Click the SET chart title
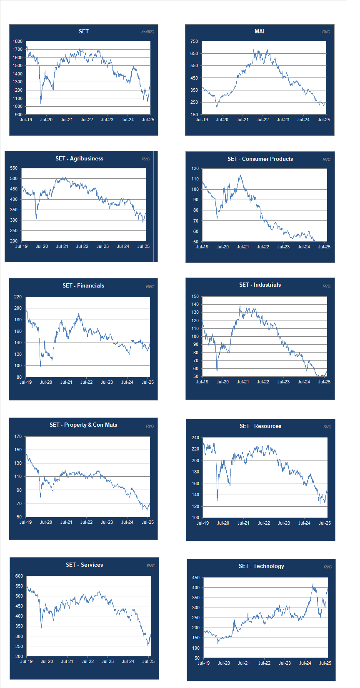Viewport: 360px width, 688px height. pyautogui.click(x=83, y=31)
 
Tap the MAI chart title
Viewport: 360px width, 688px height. pyautogui.click(x=259, y=31)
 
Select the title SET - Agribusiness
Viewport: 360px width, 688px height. pyautogui.click(x=79, y=158)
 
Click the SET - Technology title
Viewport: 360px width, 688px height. pyautogui.click(x=261, y=566)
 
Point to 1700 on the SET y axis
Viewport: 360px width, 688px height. pyautogui.click(x=17, y=50)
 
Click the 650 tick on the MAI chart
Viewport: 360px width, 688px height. pyautogui.click(x=194, y=53)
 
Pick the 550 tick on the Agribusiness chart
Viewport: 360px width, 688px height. pyautogui.click(x=14, y=168)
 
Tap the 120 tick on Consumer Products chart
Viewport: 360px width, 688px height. pyautogui.click(x=195, y=169)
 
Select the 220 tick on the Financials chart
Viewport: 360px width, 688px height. pyautogui.click(x=17, y=297)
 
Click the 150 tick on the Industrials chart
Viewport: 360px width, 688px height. pyautogui.click(x=195, y=297)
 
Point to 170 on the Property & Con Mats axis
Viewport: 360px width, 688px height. pyautogui.click(x=17, y=437)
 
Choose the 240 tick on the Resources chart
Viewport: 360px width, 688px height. pyautogui.click(x=195, y=438)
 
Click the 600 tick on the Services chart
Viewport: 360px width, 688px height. pyautogui.click(x=19, y=576)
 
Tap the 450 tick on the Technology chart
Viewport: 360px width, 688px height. pyautogui.click(x=195, y=578)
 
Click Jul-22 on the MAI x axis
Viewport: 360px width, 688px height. pyautogui.click(x=262, y=120)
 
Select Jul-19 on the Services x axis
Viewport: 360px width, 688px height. pyautogui.click(x=26, y=661)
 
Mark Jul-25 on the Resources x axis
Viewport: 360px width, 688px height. pyautogui.click(x=325, y=523)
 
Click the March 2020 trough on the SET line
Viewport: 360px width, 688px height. pyautogui.click(x=41, y=104)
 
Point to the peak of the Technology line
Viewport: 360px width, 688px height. pyautogui.click(x=313, y=583)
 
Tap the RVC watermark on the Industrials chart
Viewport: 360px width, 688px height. pyautogui.click(x=326, y=286)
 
